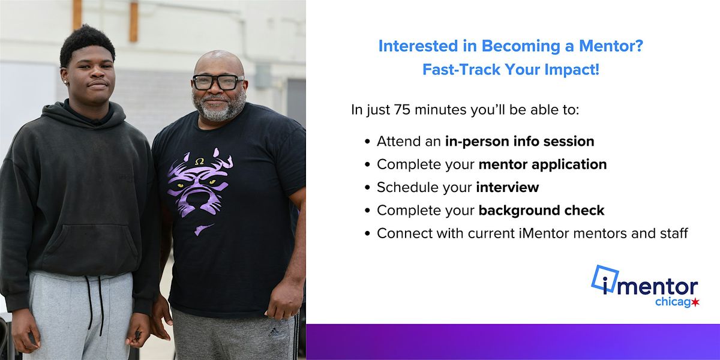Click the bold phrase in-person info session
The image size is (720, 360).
click(520, 142)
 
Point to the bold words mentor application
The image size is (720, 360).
click(542, 164)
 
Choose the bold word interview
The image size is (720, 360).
click(508, 187)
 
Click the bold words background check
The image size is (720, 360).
click(541, 210)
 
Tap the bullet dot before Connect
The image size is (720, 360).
click(367, 234)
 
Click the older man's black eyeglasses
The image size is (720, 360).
click(218, 82)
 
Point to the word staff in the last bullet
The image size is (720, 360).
click(672, 233)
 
